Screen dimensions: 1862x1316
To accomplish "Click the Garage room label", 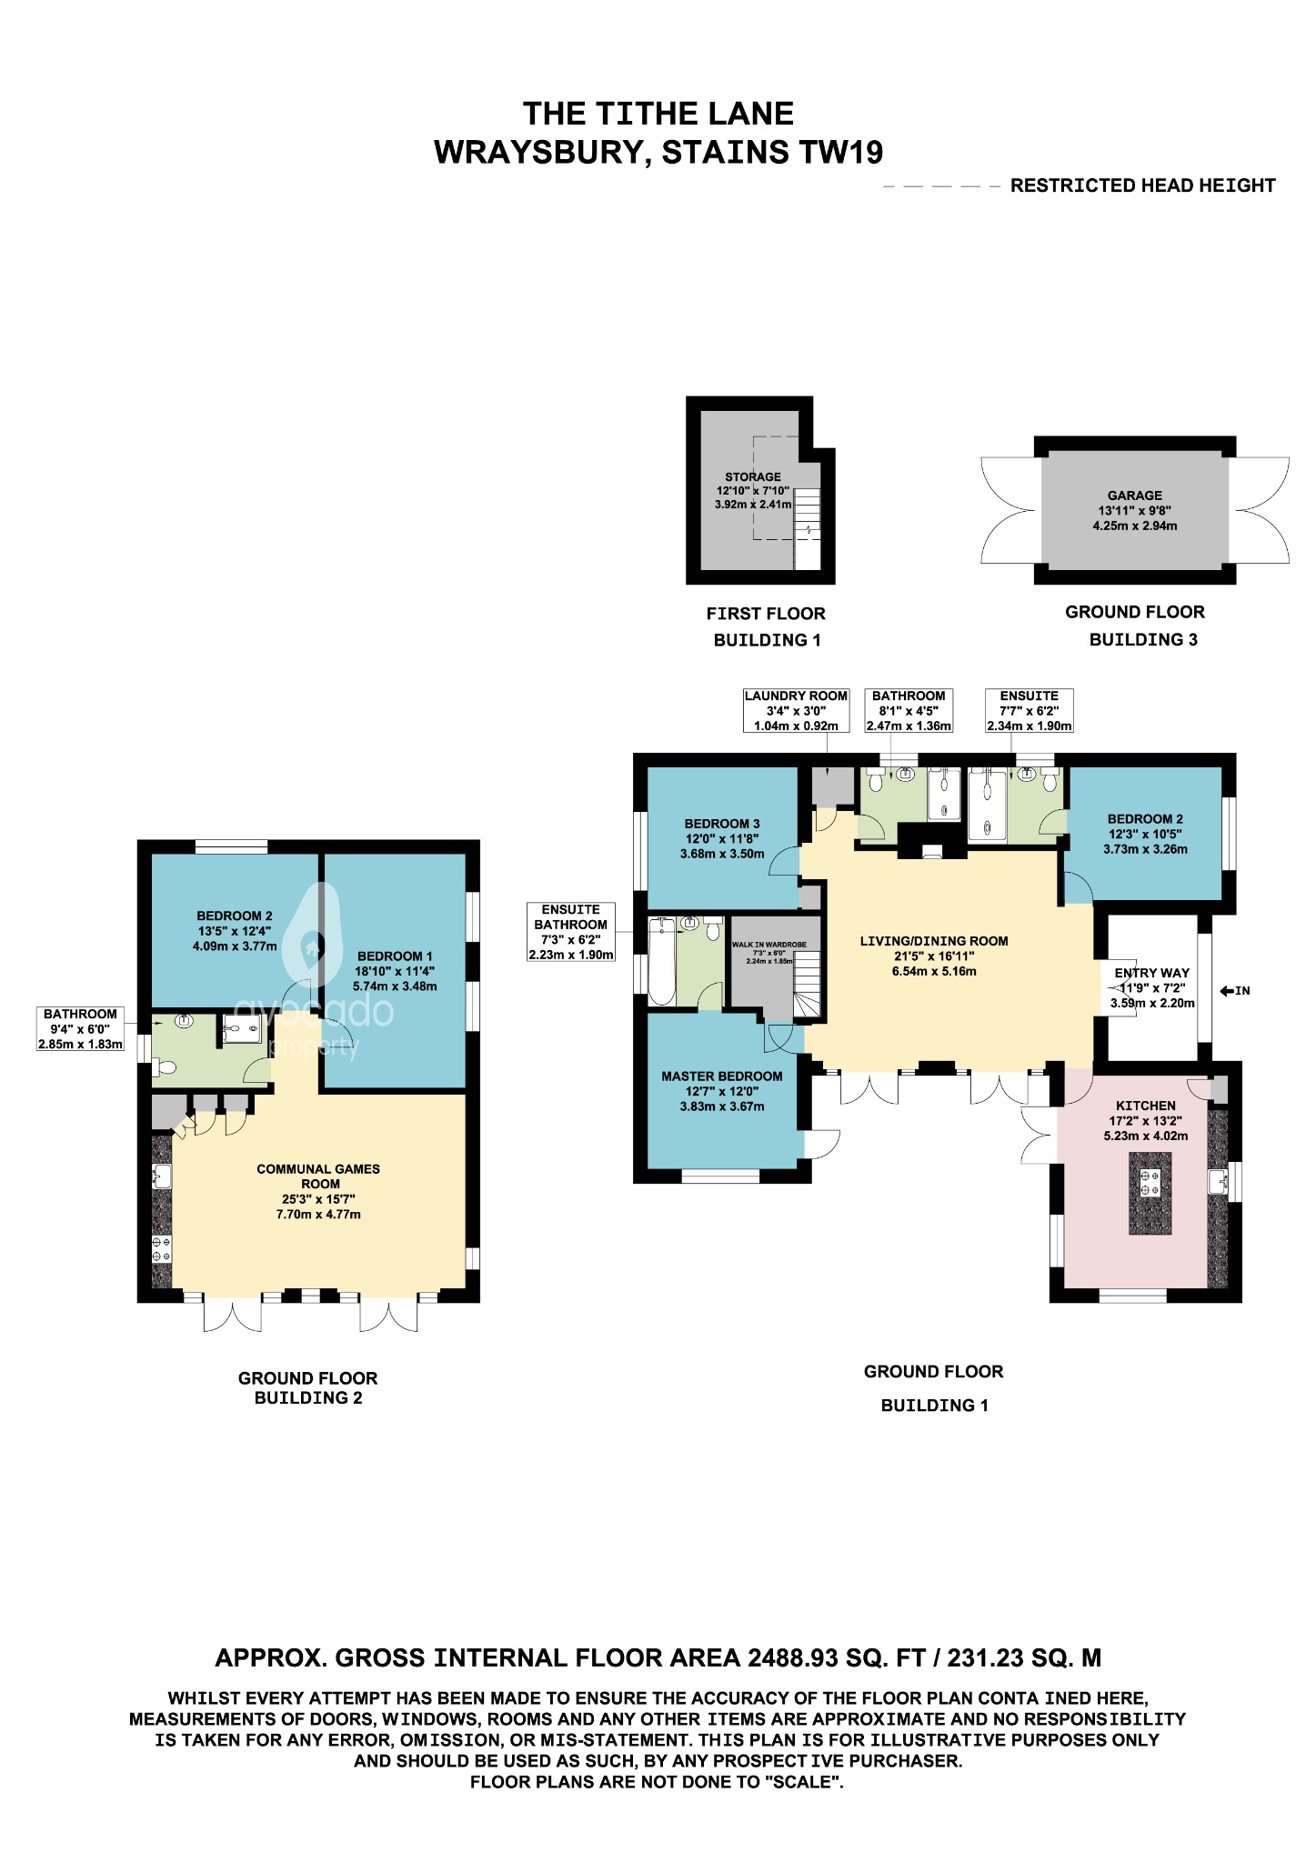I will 1134,496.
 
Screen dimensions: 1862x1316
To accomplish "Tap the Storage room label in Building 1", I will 752,477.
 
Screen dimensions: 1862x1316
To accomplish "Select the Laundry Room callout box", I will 796,710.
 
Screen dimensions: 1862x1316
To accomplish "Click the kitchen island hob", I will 1150,1182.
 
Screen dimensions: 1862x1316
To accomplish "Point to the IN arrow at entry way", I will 1235,991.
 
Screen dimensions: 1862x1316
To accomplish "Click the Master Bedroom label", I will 721,1076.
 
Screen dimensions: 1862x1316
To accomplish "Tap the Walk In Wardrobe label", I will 769,946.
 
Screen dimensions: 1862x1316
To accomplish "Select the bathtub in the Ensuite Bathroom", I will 661,962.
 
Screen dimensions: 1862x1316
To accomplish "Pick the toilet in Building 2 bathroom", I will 166,1067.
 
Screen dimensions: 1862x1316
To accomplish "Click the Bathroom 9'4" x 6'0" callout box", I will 80,1029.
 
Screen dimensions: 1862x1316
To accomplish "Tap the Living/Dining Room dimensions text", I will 934,964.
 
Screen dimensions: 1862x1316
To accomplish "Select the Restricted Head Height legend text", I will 1142,185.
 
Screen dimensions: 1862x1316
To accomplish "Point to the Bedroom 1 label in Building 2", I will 395,956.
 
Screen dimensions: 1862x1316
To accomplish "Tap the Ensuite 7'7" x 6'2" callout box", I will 1029,710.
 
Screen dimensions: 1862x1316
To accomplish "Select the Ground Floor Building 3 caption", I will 1135,626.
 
